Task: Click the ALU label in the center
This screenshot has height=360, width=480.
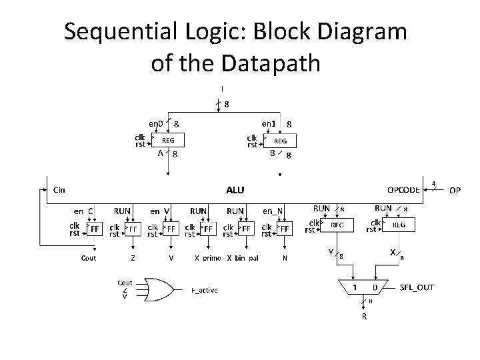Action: pos(235,190)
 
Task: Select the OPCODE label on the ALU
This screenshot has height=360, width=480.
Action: pos(404,189)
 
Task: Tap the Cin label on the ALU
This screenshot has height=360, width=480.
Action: pos(59,190)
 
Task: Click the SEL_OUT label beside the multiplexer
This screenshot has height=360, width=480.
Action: pos(417,287)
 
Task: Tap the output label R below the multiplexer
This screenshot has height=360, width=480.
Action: pos(364,317)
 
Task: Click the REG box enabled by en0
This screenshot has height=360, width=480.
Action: pos(169,141)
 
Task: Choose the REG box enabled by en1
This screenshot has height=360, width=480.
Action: pos(281,141)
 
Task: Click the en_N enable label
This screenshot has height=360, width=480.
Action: pos(273,211)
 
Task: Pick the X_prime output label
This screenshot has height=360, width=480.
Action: pos(207,258)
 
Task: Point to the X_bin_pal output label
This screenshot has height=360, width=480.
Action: pos(243,258)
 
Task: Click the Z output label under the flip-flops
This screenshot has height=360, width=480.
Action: pos(133,258)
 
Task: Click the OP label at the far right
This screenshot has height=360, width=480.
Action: pos(455,190)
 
